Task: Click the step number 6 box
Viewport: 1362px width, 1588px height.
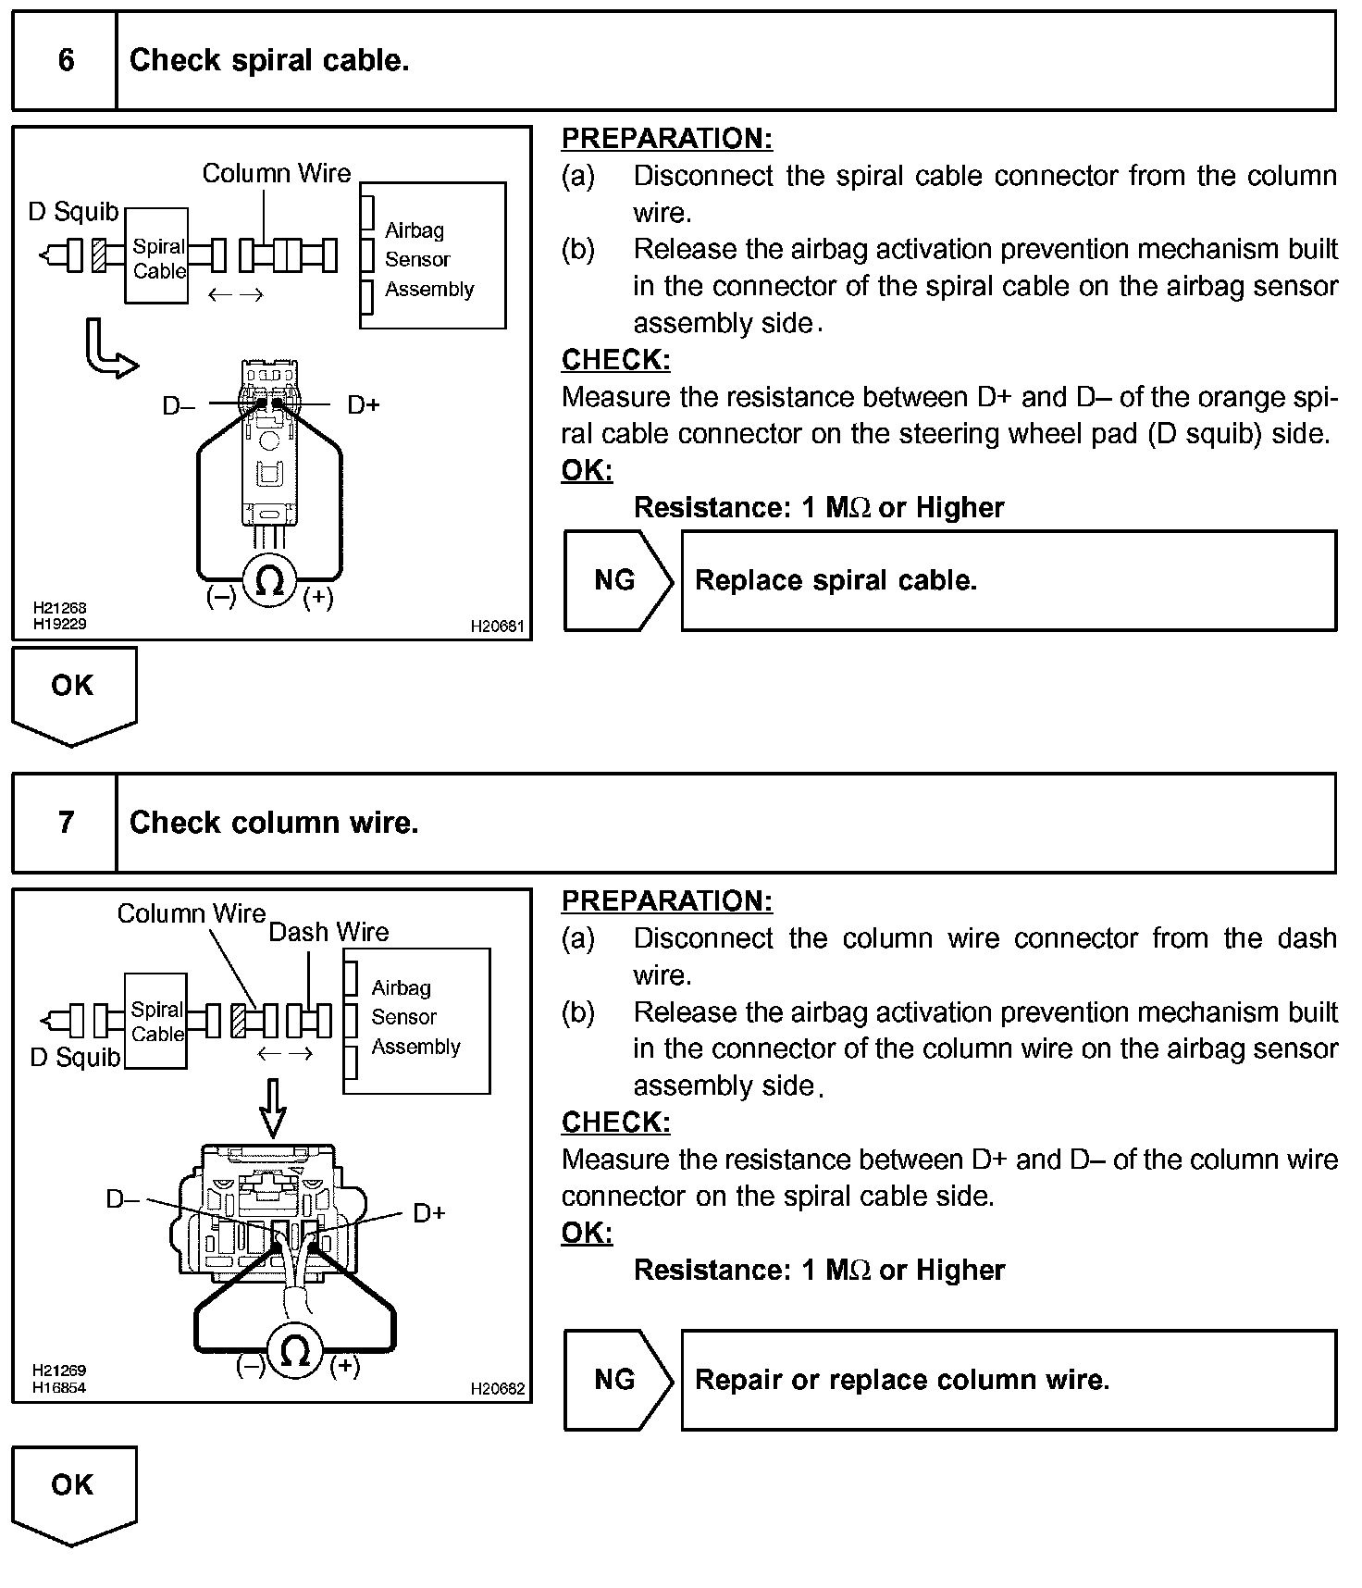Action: coord(65,61)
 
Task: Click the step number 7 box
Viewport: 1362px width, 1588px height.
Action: coord(65,823)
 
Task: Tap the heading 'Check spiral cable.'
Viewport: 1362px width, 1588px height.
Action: coord(269,61)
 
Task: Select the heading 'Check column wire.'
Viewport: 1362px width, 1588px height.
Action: coord(274,823)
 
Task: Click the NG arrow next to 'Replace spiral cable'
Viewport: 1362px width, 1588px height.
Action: coord(616,581)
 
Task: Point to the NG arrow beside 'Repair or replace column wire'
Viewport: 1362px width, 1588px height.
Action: coord(616,1380)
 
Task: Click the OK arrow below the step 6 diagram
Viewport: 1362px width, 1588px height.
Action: coord(73,692)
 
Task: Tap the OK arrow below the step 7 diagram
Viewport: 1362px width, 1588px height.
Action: coord(73,1491)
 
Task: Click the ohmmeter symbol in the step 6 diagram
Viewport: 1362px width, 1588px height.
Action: coord(269,581)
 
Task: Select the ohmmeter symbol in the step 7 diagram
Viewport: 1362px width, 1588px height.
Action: coord(294,1352)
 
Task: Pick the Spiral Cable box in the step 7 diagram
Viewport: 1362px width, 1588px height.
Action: coord(155,1021)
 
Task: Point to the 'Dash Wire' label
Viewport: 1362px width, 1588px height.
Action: coord(328,932)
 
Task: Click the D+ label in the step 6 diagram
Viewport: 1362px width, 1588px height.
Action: coord(363,405)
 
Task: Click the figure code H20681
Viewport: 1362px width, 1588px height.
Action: coord(497,627)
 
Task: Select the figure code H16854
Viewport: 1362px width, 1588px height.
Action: coord(59,1387)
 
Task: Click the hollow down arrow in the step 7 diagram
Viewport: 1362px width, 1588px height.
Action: coord(273,1110)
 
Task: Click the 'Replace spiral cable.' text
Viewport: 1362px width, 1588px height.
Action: coord(836,581)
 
